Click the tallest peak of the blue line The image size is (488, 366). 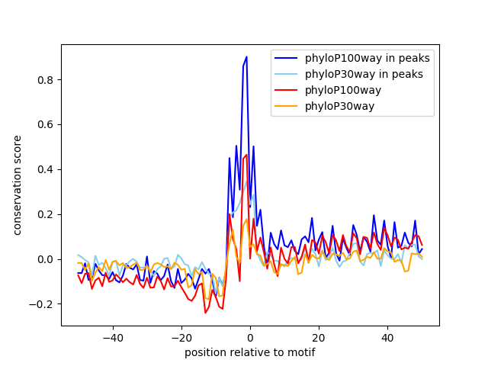point(246,57)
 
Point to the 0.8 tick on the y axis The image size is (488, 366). point(47,80)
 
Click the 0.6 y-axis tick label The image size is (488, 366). point(47,125)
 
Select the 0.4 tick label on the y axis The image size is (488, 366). point(47,169)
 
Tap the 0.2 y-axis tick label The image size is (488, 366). point(47,214)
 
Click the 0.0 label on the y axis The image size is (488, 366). point(47,259)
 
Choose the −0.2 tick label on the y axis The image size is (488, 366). point(43,304)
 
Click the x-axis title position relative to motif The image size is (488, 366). point(249,352)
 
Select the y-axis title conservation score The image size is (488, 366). point(17,185)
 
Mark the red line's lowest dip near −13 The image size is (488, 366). point(205,313)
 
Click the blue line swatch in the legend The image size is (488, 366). point(287,58)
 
